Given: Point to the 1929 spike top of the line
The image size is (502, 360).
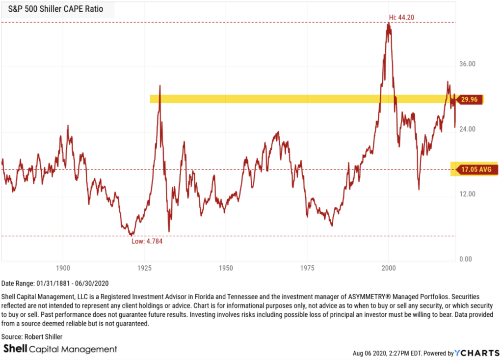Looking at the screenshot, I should point(160,86).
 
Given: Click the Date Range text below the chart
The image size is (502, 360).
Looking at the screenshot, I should point(55,283).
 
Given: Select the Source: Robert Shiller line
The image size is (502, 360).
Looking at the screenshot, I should point(32,337).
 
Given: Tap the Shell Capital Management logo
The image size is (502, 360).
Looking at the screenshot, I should point(60,349).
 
